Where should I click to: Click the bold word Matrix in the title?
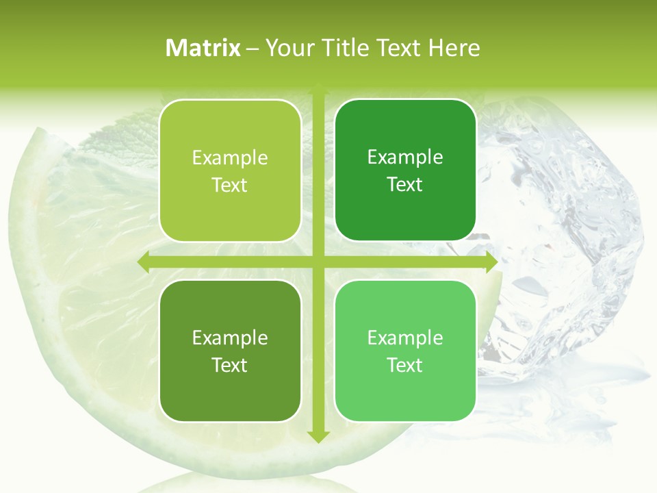coord(203,48)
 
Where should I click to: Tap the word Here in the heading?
coord(454,48)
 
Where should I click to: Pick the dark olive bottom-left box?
coord(230,397)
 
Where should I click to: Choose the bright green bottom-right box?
coord(405,397)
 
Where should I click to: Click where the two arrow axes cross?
coord(318,262)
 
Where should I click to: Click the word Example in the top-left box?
coord(230,158)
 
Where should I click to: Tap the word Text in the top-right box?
coord(405,185)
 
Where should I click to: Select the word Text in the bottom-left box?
coord(230,365)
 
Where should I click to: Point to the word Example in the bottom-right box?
coord(405,338)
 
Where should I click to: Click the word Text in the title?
coord(397,48)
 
